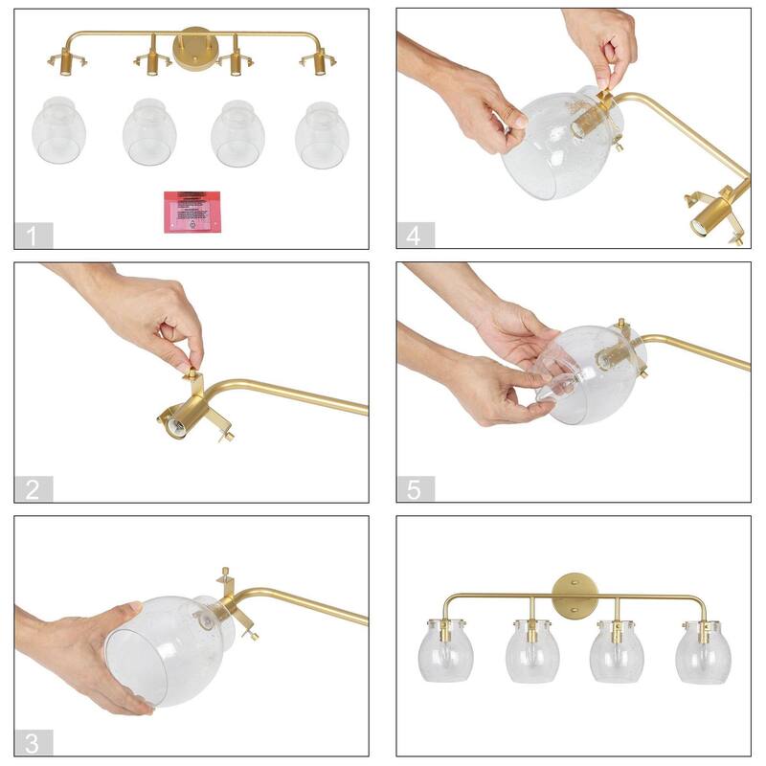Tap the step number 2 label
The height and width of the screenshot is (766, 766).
point(34,489)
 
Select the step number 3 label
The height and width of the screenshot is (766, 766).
point(34,742)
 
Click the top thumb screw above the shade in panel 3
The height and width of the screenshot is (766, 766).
point(226,574)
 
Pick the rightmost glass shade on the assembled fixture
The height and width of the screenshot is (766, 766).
point(704,652)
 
